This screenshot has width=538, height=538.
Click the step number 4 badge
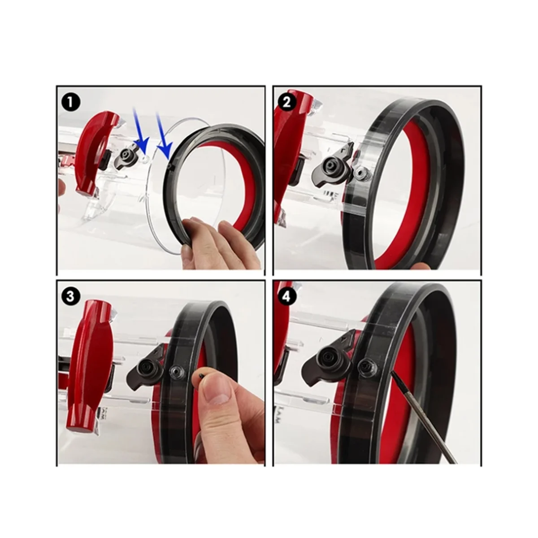(x=287, y=296)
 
